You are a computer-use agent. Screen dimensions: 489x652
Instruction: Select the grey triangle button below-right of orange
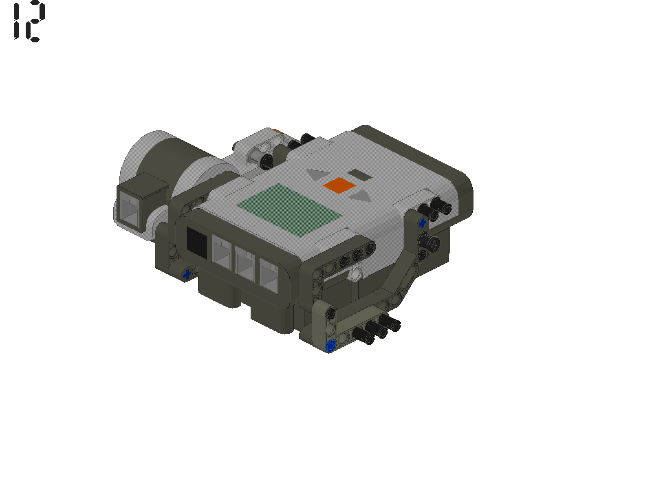click(360, 198)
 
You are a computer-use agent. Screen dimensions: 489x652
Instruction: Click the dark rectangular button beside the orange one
click(359, 176)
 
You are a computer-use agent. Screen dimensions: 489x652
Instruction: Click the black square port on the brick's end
click(197, 242)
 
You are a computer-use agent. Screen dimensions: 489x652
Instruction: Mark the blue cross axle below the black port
click(187, 274)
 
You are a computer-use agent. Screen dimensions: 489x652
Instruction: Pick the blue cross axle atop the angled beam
click(423, 223)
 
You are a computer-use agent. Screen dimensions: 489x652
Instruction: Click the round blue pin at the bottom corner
click(331, 346)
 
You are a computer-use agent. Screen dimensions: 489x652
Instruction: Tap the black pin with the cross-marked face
click(434, 245)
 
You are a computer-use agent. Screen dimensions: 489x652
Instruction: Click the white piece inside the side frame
click(356, 273)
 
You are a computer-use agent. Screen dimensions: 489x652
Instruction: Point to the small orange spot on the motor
click(277, 131)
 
